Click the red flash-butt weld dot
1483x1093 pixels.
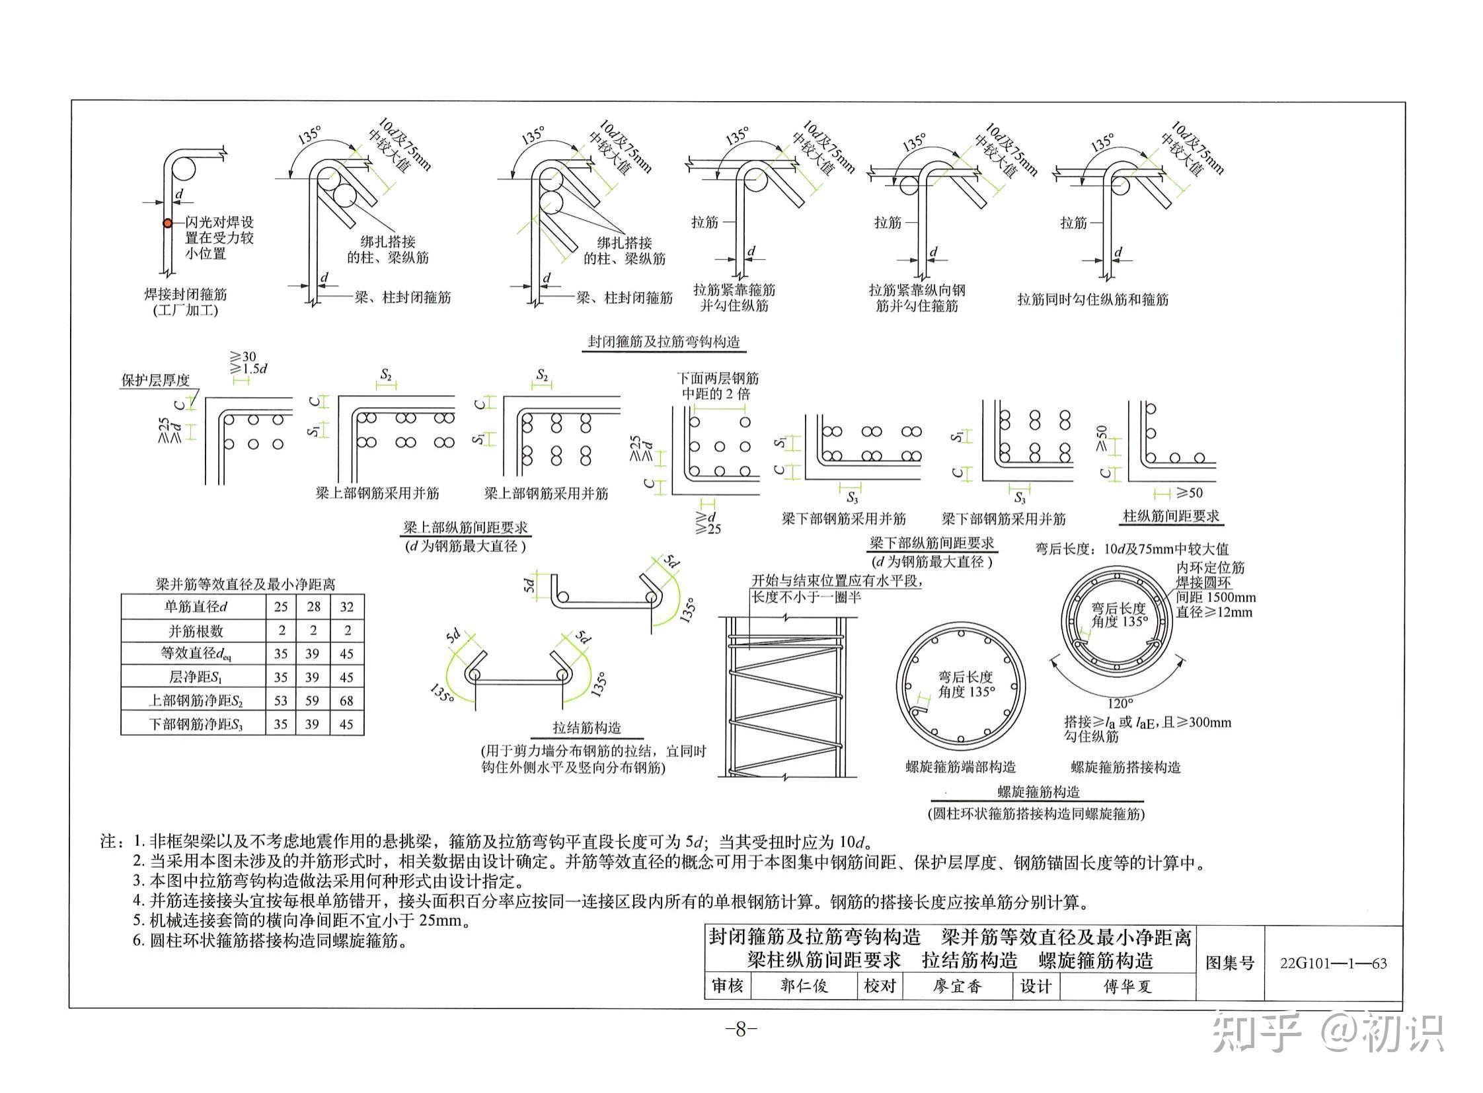167,223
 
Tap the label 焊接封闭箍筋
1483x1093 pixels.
185,294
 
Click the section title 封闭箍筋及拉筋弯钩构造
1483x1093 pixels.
663,342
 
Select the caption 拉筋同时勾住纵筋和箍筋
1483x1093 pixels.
1092,300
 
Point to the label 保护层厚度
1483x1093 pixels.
155,381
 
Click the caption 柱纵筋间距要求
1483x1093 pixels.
1170,516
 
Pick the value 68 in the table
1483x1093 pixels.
346,700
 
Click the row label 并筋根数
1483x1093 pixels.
195,630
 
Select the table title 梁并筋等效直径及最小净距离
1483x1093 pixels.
245,584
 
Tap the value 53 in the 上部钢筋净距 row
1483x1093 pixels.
281,700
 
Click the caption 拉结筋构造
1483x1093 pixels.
587,728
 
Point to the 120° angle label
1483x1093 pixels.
1120,703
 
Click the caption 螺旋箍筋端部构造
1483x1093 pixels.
960,767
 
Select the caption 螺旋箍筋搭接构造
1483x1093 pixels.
1125,767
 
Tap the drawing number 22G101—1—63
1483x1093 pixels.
1333,963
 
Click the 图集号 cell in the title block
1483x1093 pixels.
1229,963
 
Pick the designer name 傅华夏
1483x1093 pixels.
1127,987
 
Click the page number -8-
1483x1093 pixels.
740,1030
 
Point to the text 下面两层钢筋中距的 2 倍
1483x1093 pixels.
717,387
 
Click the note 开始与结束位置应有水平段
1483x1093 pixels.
836,581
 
